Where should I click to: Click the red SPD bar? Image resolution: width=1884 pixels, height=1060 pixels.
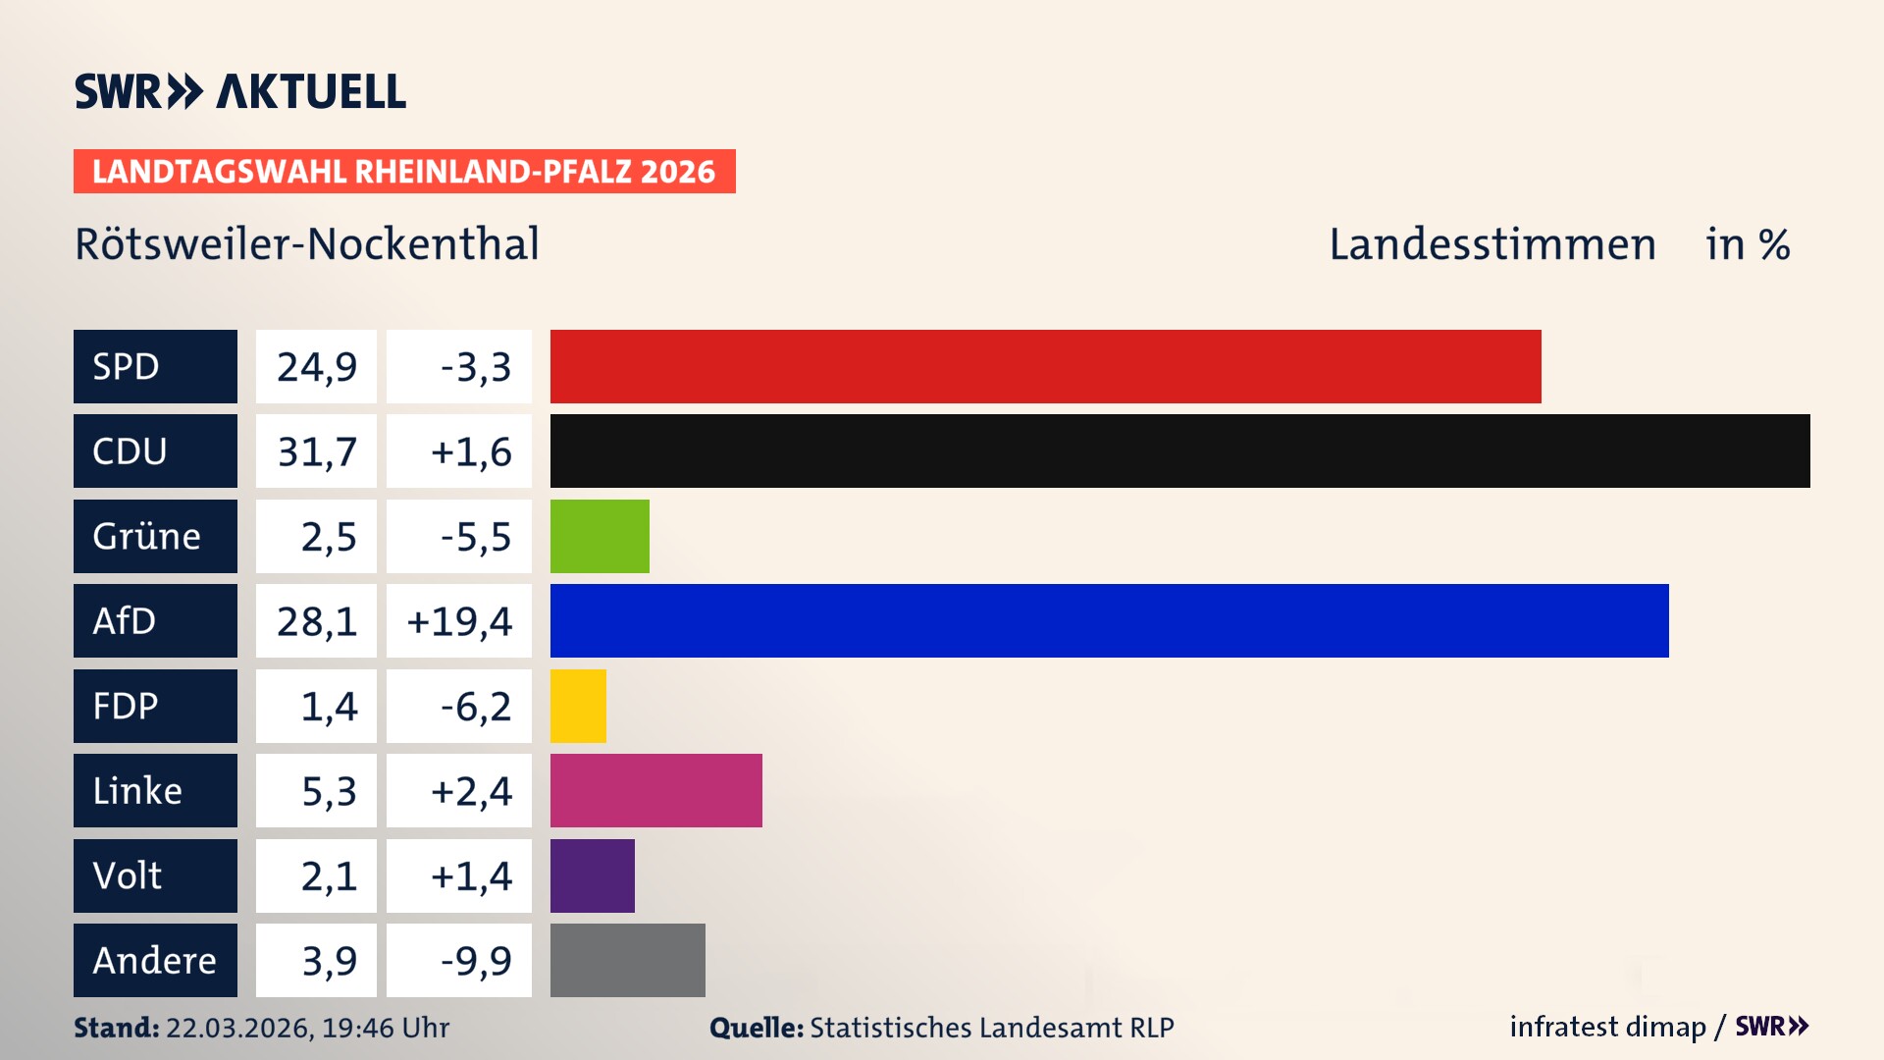(1045, 366)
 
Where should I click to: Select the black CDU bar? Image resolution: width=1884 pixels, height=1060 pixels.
(1179, 451)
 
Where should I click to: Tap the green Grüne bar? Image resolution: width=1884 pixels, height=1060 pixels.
(600, 536)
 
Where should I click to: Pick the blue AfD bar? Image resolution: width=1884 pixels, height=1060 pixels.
(1109, 620)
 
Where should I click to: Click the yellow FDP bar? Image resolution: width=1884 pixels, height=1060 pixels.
(578, 706)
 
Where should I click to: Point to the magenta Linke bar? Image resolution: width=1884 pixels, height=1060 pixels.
(655, 790)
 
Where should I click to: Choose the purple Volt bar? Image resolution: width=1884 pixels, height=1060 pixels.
(592, 875)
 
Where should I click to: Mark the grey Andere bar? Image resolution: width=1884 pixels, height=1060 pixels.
(627, 960)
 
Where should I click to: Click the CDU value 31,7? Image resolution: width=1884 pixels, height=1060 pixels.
(316, 451)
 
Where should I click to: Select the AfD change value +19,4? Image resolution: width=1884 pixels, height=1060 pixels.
(459, 621)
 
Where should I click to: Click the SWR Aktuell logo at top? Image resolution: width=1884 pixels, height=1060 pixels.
(240, 91)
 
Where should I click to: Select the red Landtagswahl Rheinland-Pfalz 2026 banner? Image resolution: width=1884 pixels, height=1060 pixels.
(403, 172)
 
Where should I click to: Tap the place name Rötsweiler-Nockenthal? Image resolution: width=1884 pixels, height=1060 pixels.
(307, 243)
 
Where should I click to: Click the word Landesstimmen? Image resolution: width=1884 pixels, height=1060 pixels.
(1491, 244)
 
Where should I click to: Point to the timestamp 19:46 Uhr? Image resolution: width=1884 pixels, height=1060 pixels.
(385, 1028)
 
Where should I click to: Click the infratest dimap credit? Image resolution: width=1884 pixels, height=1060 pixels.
(1606, 1027)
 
